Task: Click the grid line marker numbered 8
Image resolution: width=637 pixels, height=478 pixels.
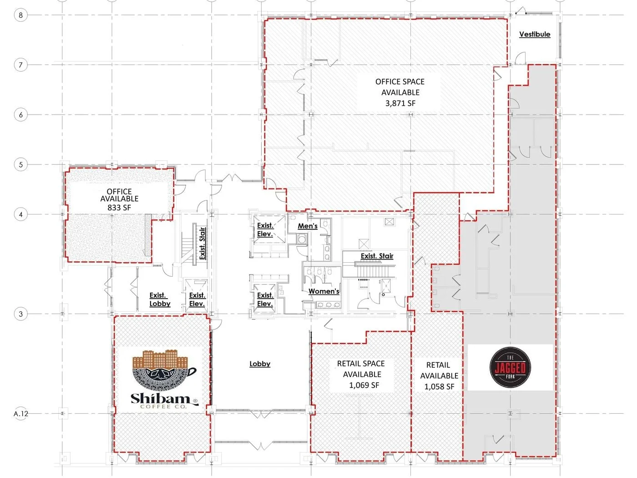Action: (x=20, y=15)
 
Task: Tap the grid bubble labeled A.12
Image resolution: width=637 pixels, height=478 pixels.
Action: (x=21, y=413)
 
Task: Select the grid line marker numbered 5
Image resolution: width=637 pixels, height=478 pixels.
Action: (x=20, y=164)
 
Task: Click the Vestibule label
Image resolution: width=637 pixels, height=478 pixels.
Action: (x=535, y=34)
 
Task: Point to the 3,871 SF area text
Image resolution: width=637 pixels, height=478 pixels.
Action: (x=400, y=103)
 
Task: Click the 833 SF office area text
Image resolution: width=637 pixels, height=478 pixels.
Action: (x=119, y=208)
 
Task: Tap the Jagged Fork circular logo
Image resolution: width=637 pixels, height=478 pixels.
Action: (x=510, y=367)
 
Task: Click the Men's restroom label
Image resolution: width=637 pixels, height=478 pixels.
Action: (x=307, y=226)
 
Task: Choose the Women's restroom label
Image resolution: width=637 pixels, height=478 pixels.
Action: (x=324, y=291)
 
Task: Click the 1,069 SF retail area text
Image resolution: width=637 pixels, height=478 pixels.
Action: (x=364, y=385)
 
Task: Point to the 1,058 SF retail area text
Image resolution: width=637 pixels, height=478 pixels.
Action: (x=439, y=386)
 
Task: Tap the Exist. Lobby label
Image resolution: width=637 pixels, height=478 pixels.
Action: (x=160, y=299)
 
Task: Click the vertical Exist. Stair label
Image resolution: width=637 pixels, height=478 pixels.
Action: (x=202, y=243)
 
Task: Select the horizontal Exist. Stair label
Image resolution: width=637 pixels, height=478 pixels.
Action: (x=377, y=256)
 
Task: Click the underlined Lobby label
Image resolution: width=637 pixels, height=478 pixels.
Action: (x=260, y=364)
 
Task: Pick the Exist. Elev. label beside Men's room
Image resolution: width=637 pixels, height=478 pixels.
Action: (x=265, y=229)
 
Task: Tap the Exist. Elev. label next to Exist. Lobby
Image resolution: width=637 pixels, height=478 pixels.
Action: (x=197, y=299)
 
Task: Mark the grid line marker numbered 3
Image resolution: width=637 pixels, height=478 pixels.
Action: (x=20, y=314)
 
